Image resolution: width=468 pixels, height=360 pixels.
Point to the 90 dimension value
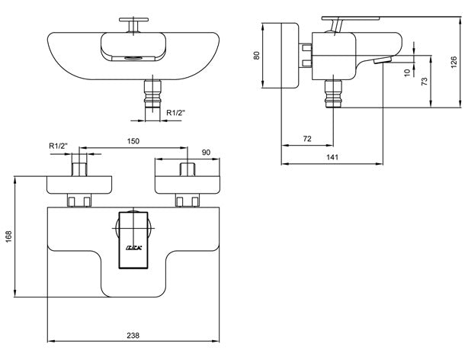pos(205,153)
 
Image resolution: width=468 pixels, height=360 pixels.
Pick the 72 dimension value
pos(306,138)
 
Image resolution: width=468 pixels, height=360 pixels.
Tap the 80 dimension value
pos(256,55)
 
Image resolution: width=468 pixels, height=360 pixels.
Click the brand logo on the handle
pos(132,249)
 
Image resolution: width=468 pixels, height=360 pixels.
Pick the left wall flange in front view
pos(80,183)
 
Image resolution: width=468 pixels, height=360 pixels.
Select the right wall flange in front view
pos(188,183)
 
